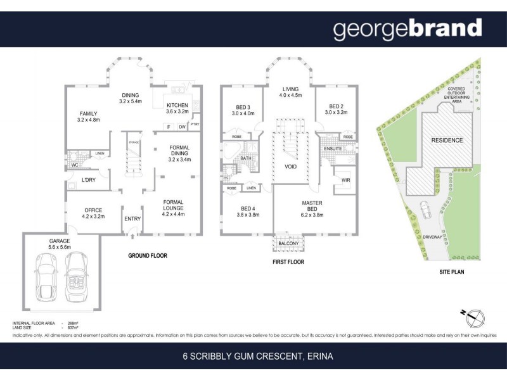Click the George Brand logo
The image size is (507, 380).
408,29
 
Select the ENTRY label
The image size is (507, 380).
132,218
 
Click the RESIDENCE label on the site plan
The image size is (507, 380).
447,140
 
